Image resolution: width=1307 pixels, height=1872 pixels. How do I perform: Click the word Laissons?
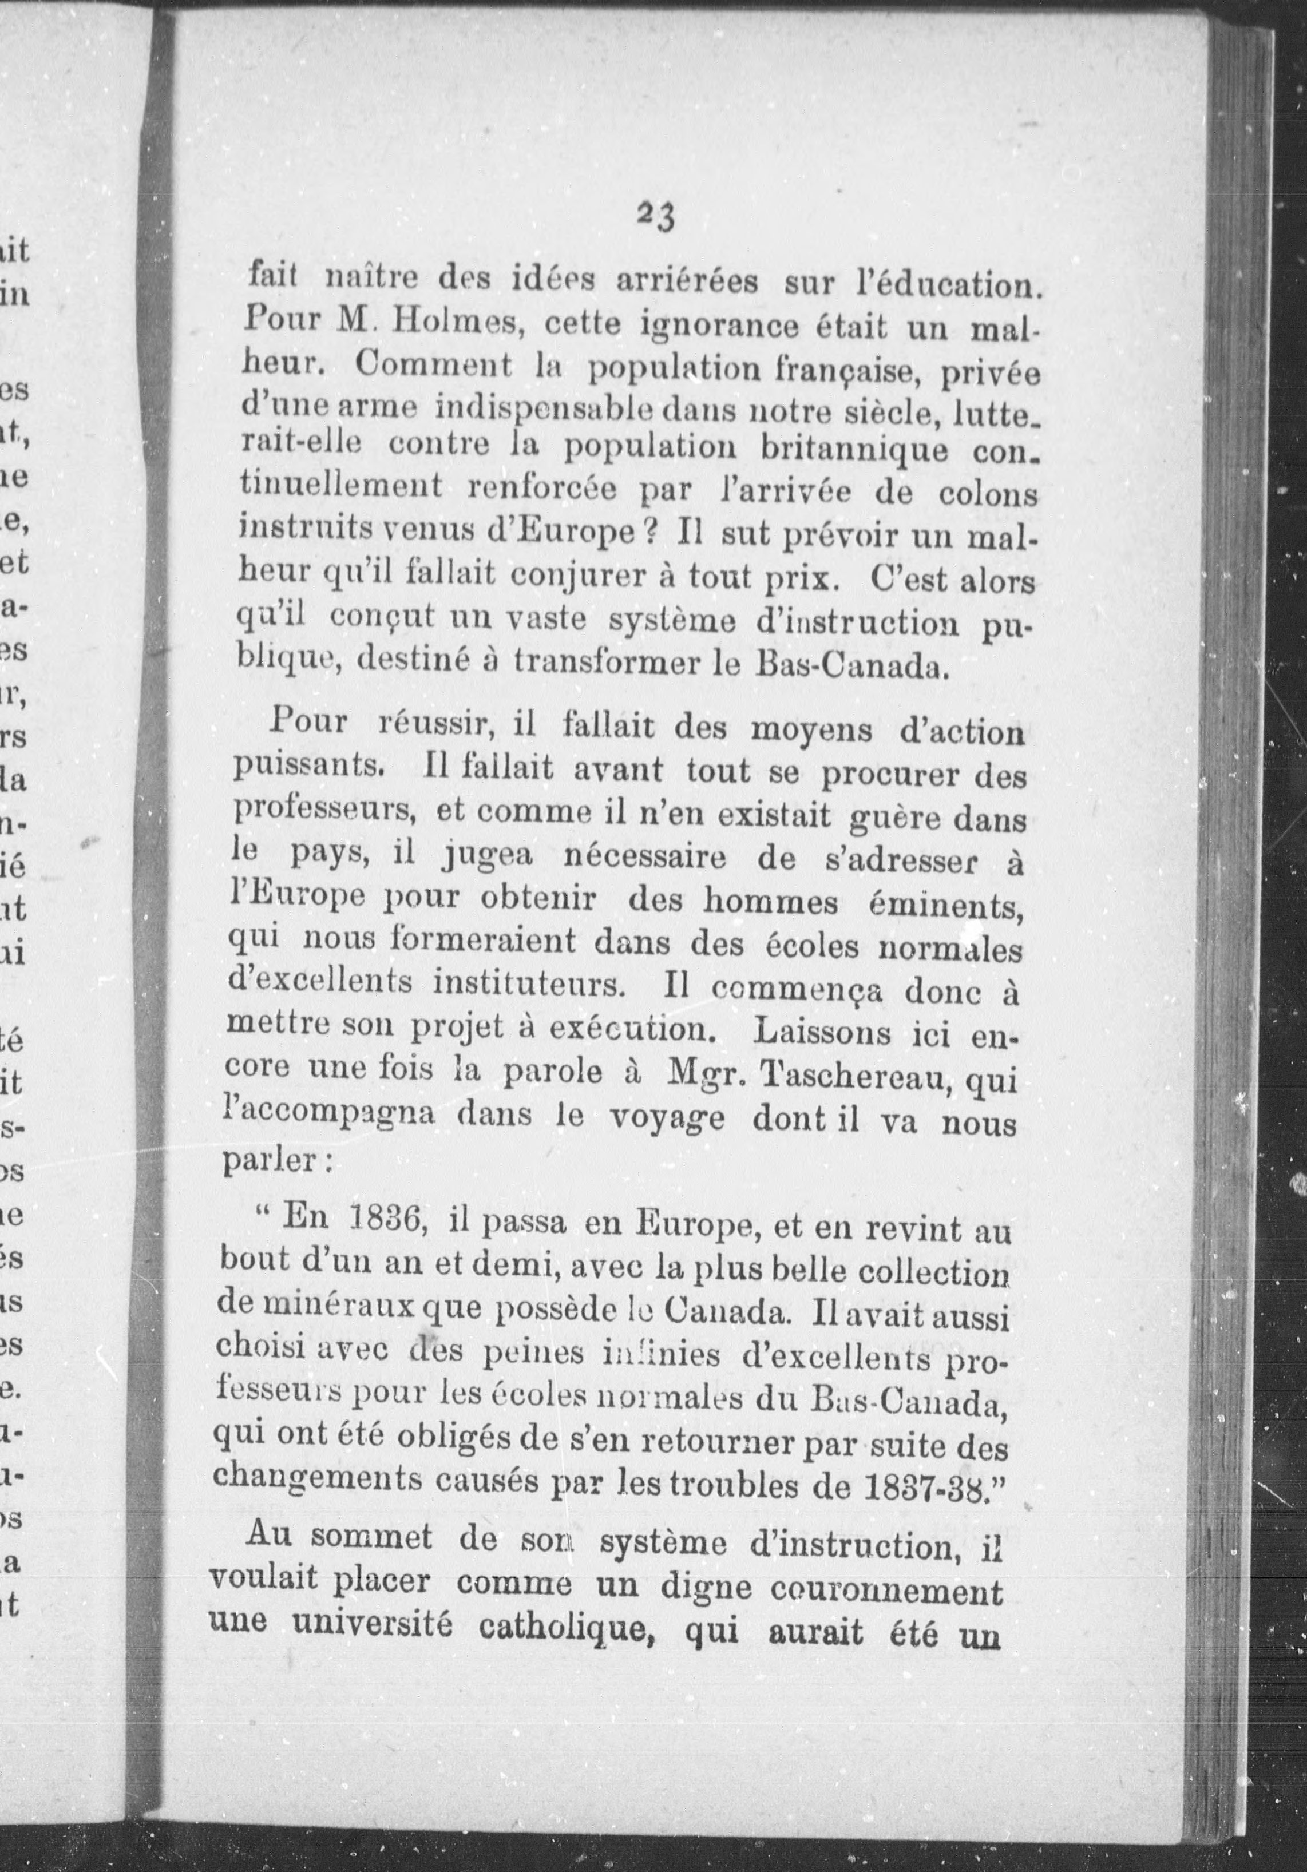click(x=821, y=1034)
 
